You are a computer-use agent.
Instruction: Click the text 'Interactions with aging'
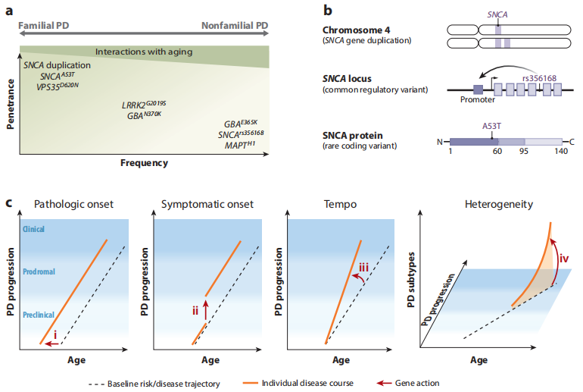coord(144,52)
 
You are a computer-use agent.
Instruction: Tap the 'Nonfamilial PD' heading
coord(235,26)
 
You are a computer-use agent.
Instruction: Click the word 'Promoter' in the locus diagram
coord(477,99)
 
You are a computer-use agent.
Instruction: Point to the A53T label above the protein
coord(492,127)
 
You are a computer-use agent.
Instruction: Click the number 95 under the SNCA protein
coord(523,152)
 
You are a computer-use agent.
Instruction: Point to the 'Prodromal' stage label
coord(39,271)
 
